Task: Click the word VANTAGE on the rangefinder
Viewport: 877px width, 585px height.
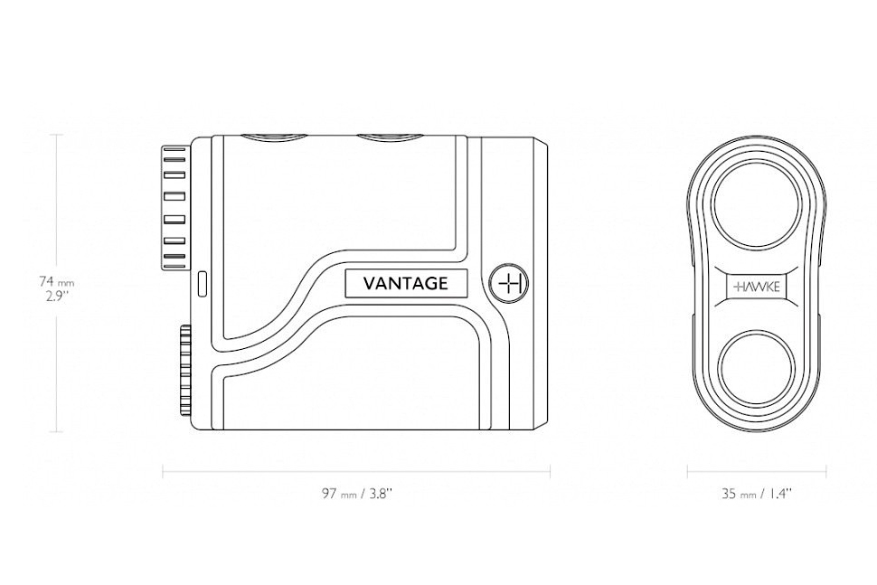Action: tap(406, 283)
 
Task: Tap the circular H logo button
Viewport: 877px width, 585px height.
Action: tap(508, 283)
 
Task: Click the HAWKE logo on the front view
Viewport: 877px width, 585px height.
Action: tap(756, 288)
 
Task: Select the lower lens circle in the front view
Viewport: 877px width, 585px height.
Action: tap(756, 366)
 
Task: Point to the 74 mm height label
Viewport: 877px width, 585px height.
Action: tap(56, 281)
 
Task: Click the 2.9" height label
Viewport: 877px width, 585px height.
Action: tap(56, 296)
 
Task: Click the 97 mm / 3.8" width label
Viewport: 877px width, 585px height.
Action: tap(357, 494)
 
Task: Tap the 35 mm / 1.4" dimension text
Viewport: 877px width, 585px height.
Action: tap(756, 494)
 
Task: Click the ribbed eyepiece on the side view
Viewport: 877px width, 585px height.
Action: tap(174, 207)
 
